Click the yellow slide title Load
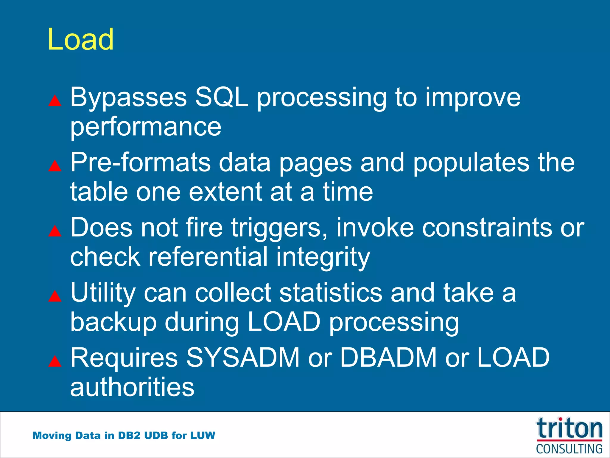point(80,39)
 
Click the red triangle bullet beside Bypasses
point(55,101)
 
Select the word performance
point(146,127)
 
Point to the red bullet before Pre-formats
point(55,166)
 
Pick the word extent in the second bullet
point(225,192)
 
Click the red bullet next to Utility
point(55,296)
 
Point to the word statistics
point(331,293)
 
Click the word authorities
point(132,387)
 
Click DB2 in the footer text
point(129,435)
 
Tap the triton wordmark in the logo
point(569,428)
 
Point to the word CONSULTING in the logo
point(569,449)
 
